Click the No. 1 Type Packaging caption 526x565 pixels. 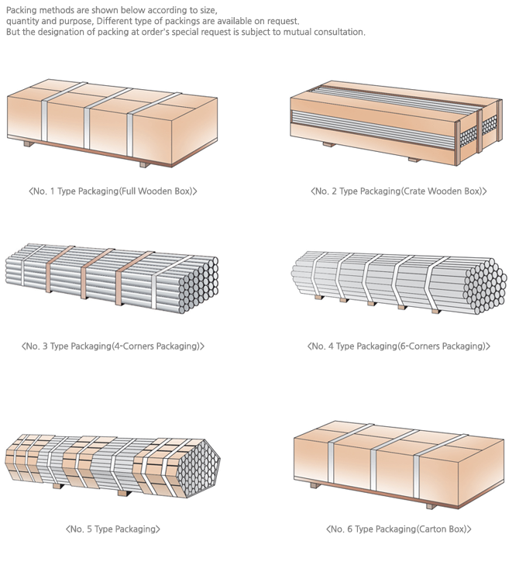[x=112, y=191]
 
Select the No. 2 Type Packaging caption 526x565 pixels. [x=398, y=191]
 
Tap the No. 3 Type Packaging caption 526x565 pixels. [x=112, y=346]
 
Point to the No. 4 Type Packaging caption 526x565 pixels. [x=398, y=346]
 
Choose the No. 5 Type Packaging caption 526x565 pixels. [x=113, y=529]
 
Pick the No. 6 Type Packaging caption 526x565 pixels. [x=398, y=529]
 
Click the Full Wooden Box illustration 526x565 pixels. [x=112, y=124]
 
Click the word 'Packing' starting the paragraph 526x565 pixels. [x=21, y=9]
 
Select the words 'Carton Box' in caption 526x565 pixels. [x=444, y=529]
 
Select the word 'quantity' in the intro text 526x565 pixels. [x=22, y=21]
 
